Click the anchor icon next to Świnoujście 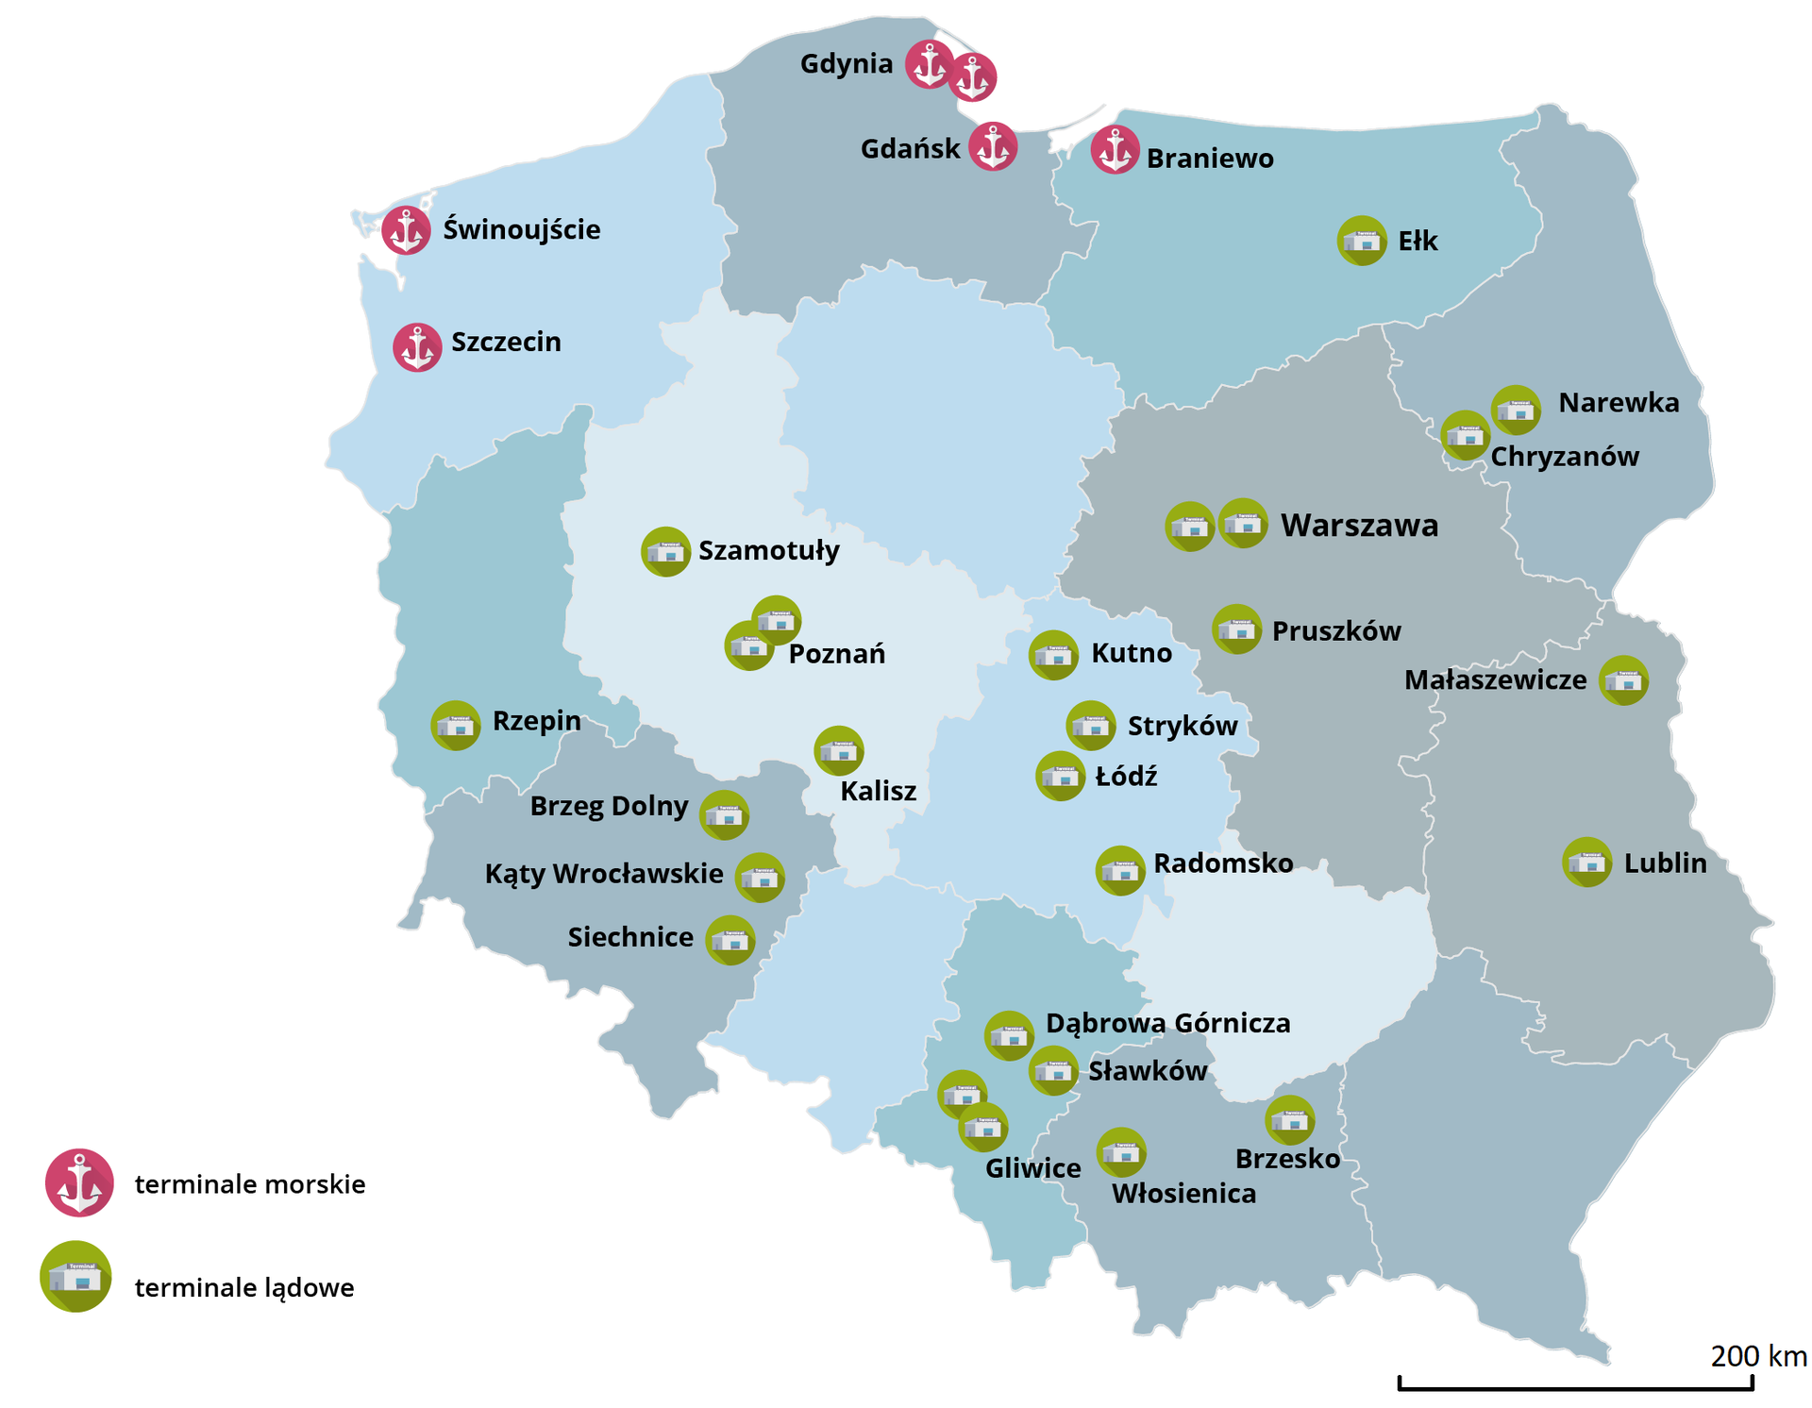[x=406, y=230]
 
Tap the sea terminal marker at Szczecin [x=417, y=347]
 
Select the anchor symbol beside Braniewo [x=1115, y=150]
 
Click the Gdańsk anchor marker [x=993, y=146]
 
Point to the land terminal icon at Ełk [x=1361, y=241]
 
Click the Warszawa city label [x=1359, y=525]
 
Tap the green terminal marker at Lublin [x=1586, y=862]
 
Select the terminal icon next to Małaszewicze [x=1623, y=680]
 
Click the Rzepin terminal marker [x=456, y=726]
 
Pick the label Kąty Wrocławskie [x=604, y=874]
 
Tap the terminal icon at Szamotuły [x=665, y=551]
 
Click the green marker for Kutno [x=1053, y=655]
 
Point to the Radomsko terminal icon [x=1120, y=870]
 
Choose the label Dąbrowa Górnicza [x=1167, y=1023]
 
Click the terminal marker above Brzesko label [x=1289, y=1120]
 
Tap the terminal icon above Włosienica [x=1121, y=1152]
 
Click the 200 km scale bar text [x=1758, y=1356]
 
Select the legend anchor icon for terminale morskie [x=79, y=1182]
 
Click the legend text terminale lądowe [x=244, y=1287]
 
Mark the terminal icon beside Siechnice [x=730, y=940]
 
